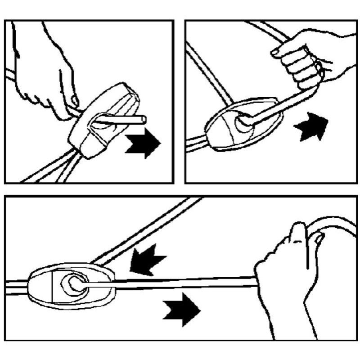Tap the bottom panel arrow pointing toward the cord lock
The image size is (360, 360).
(x=147, y=259)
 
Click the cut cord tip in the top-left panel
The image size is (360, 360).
(x=142, y=119)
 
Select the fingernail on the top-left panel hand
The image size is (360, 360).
(x=75, y=100)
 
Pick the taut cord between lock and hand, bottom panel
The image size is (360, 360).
(x=180, y=283)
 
